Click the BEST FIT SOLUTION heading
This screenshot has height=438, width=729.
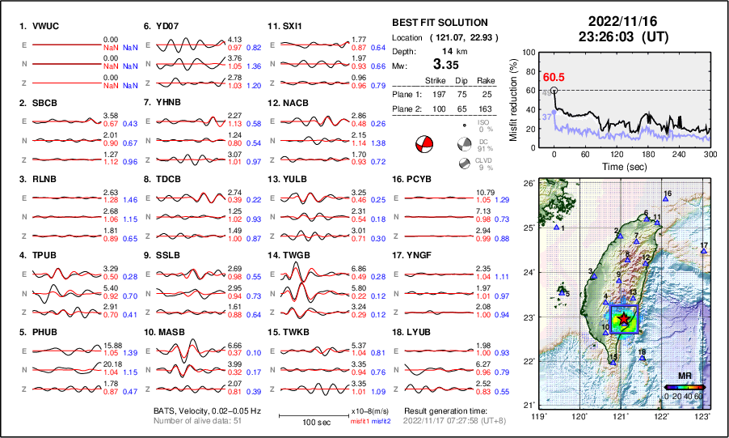(439, 23)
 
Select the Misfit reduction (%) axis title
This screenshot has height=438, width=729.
(513, 98)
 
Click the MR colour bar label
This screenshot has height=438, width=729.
(684, 376)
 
